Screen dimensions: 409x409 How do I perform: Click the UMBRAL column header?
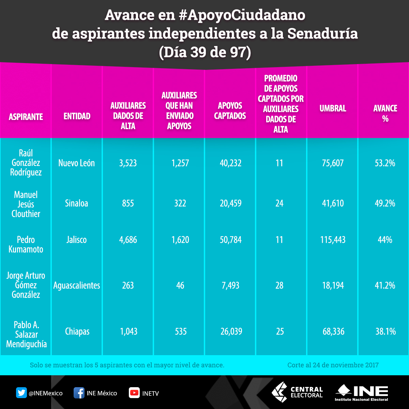tap(333, 109)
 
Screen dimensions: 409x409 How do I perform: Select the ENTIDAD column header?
tap(77, 116)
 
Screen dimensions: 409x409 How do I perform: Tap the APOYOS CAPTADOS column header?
tap(230, 111)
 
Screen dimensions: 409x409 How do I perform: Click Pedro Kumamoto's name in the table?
tap(26, 244)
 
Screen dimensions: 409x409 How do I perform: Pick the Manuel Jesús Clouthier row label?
tap(26, 204)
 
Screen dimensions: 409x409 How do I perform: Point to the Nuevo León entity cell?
tap(77, 163)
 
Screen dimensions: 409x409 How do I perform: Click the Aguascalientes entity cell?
tap(77, 285)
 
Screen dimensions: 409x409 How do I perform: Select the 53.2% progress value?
tap(385, 163)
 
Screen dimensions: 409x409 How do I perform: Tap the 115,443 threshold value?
tap(333, 240)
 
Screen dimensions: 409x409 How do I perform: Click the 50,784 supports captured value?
tap(231, 240)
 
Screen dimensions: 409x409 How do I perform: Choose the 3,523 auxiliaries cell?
tap(128, 163)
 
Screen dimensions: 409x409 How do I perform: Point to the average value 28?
tap(279, 285)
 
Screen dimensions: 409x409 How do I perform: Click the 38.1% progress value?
tap(385, 331)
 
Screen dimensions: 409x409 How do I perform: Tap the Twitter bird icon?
tap(21, 393)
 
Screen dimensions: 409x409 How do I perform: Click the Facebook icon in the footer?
tap(79, 393)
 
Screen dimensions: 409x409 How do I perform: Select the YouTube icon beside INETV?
tap(134, 393)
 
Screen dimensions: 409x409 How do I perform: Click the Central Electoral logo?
tap(297, 392)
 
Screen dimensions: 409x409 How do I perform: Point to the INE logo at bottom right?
tap(362, 393)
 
